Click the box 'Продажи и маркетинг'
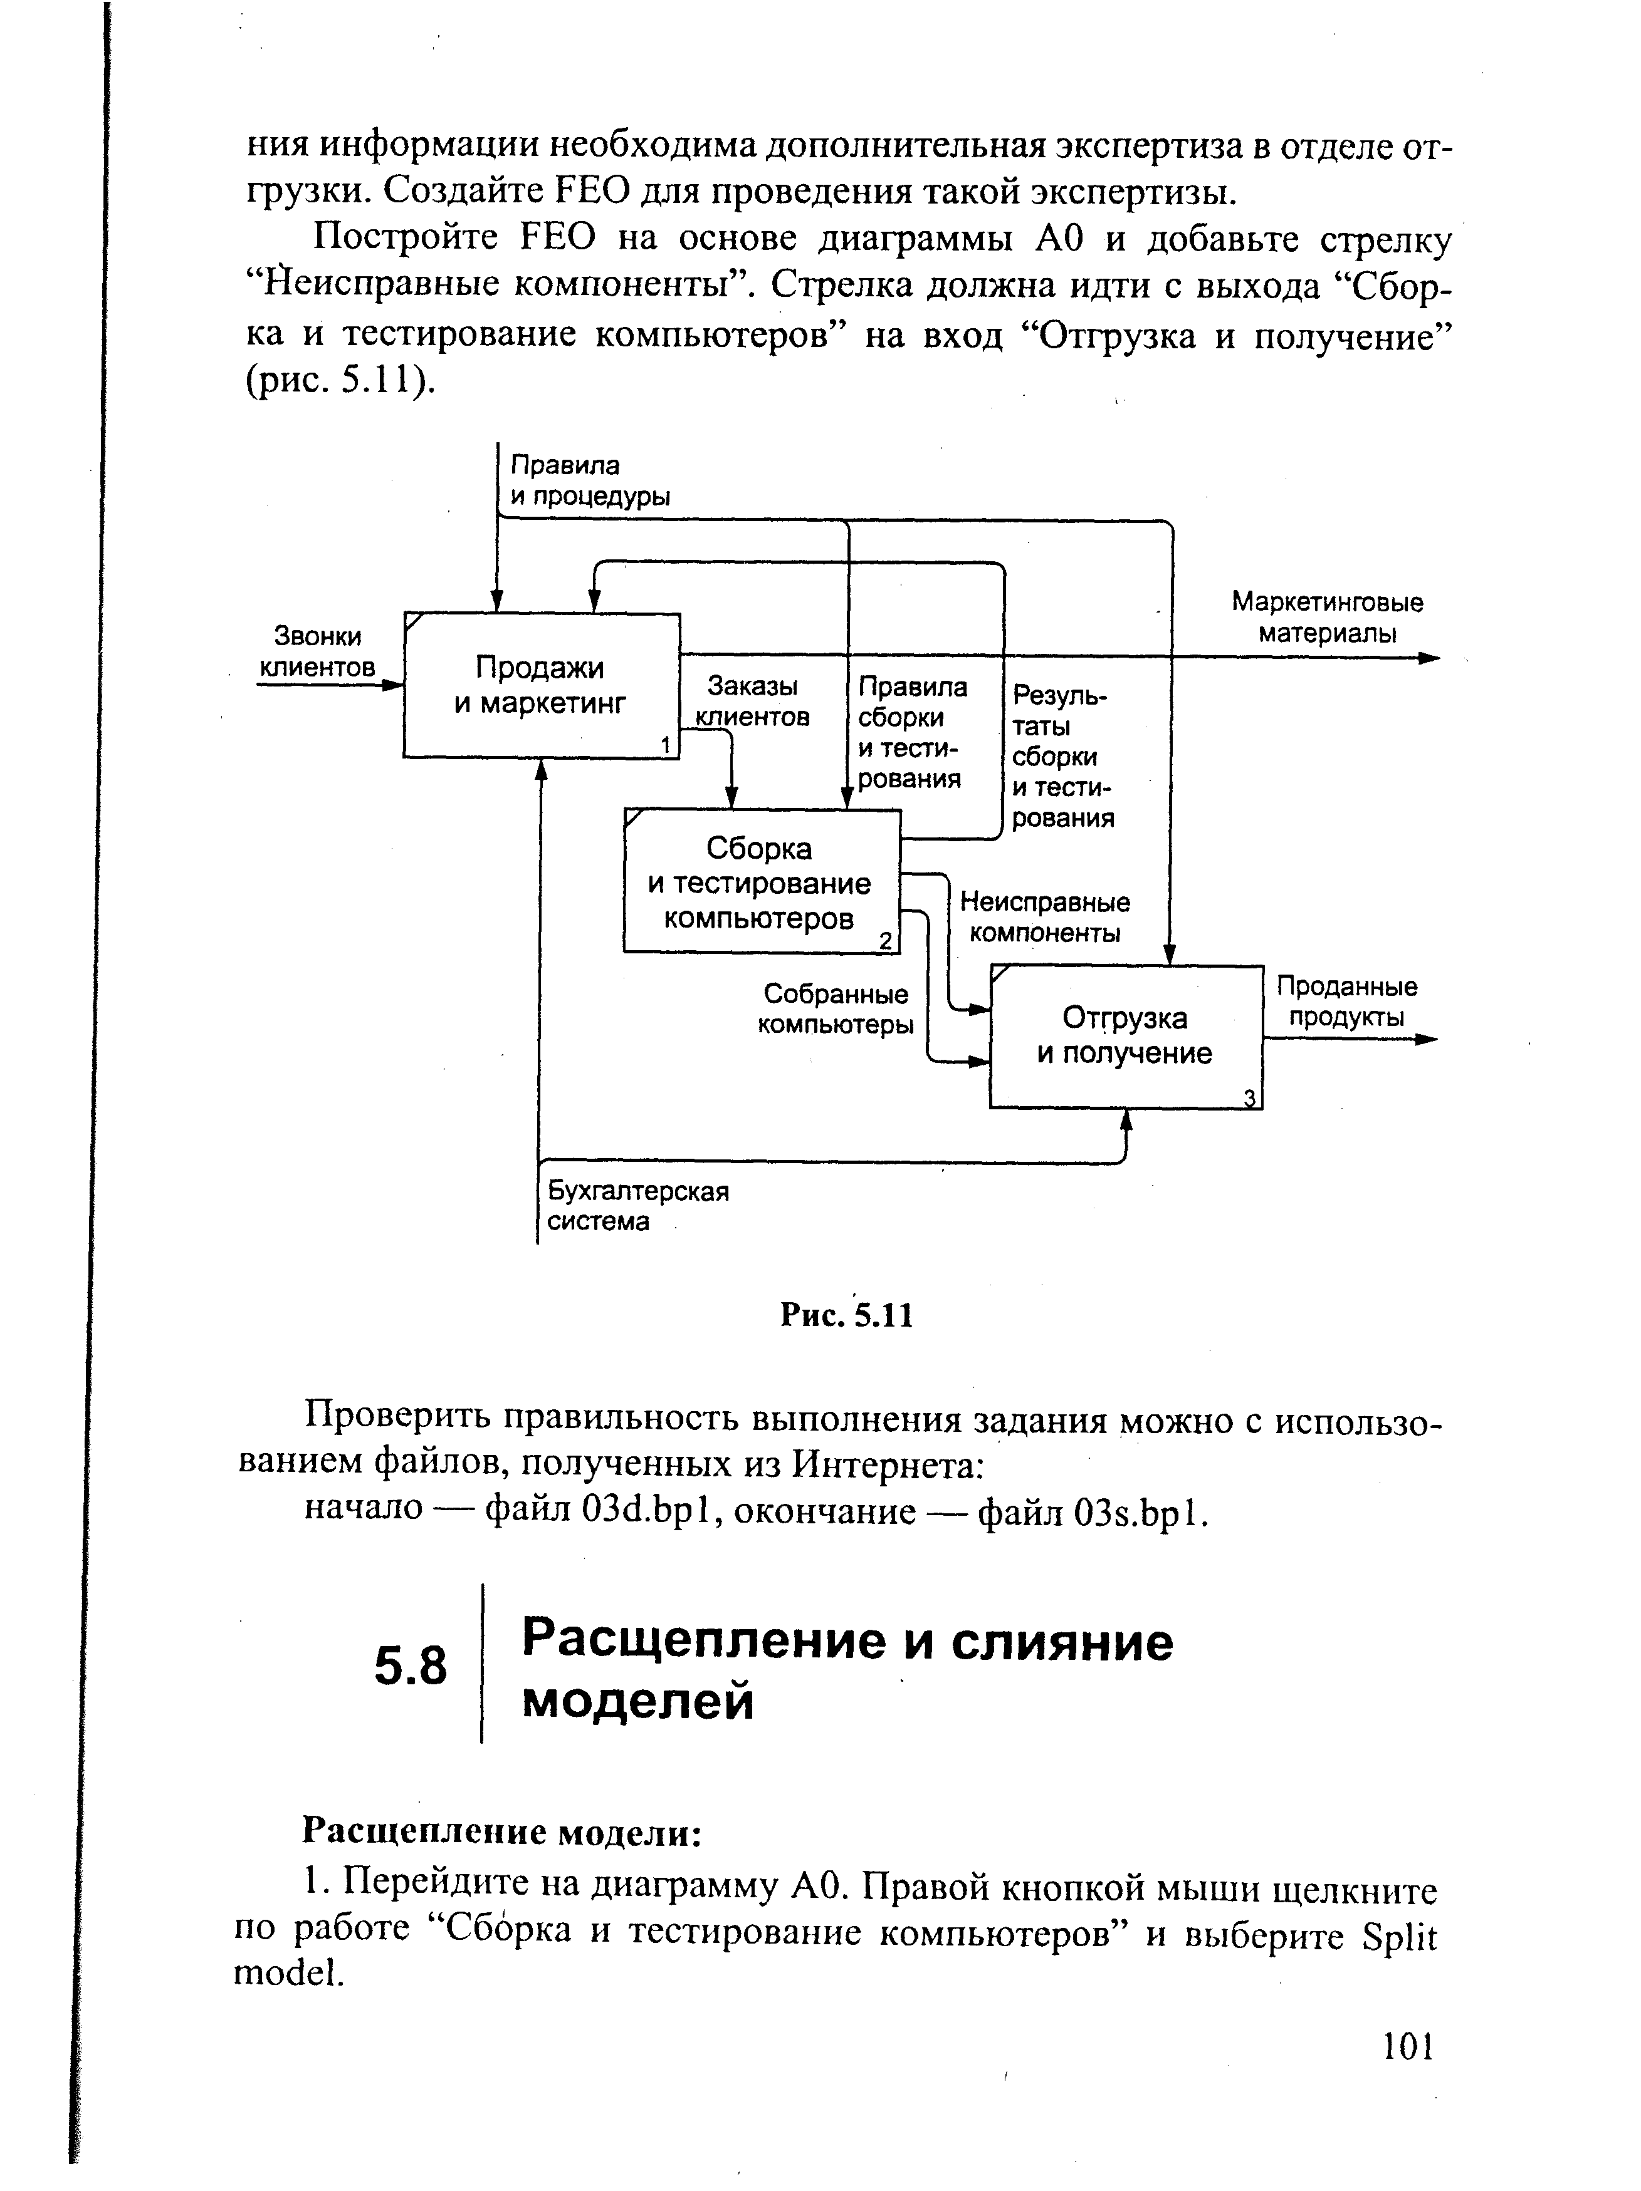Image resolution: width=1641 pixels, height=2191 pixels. [541, 685]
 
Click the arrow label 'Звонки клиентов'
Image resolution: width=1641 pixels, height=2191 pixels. [318, 652]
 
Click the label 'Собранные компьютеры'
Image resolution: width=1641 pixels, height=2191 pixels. [836, 1009]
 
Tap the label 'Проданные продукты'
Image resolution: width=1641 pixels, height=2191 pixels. [1346, 1002]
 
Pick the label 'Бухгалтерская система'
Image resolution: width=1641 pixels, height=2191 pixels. [637, 1206]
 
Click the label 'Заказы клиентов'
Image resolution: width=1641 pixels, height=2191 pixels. [753, 702]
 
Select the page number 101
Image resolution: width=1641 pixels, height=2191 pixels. [1408, 2046]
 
